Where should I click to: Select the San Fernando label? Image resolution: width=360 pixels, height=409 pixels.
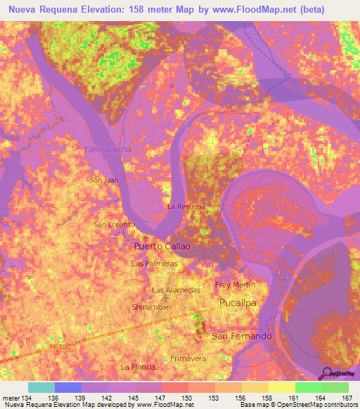point(241,337)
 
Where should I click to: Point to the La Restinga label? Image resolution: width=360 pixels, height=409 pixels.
point(186,207)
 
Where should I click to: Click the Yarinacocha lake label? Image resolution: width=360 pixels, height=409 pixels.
point(108,149)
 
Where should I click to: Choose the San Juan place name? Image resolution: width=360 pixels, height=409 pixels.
point(103,181)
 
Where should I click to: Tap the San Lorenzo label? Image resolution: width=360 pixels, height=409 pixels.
point(114,224)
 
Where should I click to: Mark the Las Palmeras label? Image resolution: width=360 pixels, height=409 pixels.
point(155,264)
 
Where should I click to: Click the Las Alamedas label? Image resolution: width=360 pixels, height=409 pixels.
point(176,290)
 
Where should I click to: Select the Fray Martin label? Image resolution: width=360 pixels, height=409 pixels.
point(235,285)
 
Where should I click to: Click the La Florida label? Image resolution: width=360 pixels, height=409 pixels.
point(137,367)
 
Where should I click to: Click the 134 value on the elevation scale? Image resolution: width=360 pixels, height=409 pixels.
point(28,398)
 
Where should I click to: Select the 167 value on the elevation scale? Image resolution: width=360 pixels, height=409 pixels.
point(346,398)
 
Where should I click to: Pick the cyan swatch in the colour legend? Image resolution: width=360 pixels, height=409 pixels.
point(41,387)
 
